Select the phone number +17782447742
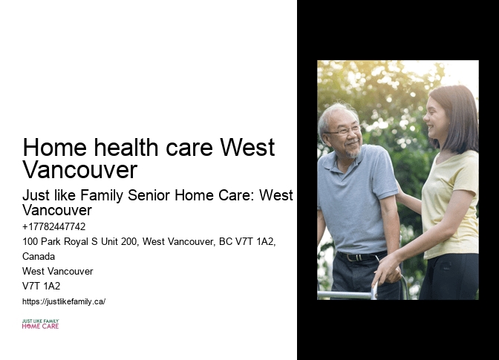pyautogui.click(x=54, y=226)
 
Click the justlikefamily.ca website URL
pyautogui.click(x=64, y=301)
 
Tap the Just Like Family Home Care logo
pyautogui.click(x=40, y=324)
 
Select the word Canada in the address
pyautogui.click(x=39, y=256)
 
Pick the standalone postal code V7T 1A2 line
pyautogui.click(x=42, y=286)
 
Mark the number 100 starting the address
pyautogui.click(x=30, y=241)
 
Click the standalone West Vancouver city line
pyautogui.click(x=58, y=271)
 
